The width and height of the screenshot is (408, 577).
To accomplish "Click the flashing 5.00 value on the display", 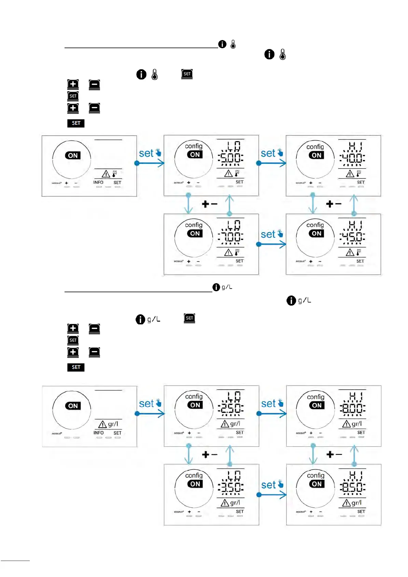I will [231, 158].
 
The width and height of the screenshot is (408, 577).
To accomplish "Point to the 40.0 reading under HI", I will [352, 158].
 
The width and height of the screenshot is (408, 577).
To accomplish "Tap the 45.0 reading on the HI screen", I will [352, 237].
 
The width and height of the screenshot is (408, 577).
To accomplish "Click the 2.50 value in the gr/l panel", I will [231, 408].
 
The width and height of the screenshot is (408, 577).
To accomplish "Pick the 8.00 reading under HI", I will [352, 408].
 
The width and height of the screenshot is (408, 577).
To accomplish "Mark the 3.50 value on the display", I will [231, 487].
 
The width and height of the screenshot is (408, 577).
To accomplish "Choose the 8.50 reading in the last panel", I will [352, 487].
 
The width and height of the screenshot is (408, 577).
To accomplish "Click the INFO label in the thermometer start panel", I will [98, 183].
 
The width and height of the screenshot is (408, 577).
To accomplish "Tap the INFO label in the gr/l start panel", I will [98, 433].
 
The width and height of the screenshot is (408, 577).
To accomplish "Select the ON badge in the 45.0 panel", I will [316, 233].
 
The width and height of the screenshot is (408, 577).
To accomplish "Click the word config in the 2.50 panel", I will [194, 397].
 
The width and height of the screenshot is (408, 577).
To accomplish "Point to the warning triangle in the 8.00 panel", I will [346, 424].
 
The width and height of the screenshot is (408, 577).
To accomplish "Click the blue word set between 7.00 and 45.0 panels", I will [268, 234].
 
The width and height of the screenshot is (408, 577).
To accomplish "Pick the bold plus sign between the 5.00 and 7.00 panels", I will [205, 204].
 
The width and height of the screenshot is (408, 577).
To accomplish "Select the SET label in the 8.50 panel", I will [361, 512].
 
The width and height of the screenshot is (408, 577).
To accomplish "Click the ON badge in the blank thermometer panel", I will [73, 156].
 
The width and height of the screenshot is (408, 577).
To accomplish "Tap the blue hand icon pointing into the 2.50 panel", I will [158, 402].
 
